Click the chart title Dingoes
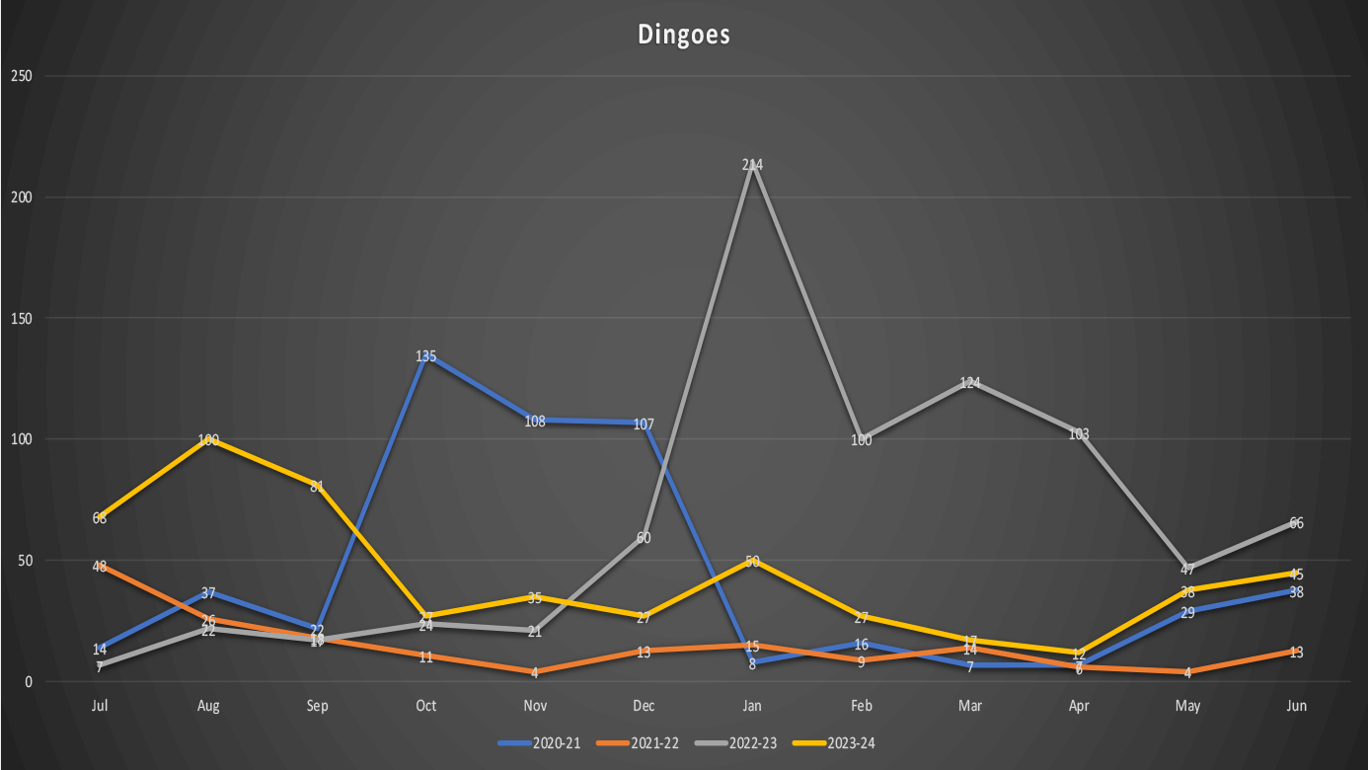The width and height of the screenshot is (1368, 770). [x=683, y=35]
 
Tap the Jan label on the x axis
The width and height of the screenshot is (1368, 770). [x=752, y=706]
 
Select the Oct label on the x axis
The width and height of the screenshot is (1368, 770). [x=426, y=706]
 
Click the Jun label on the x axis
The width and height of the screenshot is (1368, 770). [x=1296, y=706]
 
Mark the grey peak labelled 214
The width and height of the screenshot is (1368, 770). [x=753, y=165]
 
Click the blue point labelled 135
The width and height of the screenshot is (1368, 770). [x=426, y=355]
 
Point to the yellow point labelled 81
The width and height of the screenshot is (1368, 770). [x=318, y=486]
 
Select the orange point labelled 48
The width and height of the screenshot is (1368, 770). [x=100, y=566]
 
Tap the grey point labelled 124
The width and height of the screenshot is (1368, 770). [x=970, y=382]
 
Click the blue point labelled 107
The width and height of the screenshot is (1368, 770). [x=644, y=423]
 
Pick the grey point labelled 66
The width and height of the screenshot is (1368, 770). [x=1296, y=522]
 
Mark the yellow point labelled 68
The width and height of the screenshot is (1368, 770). [x=100, y=517]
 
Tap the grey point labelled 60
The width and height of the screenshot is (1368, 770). [x=644, y=537]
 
